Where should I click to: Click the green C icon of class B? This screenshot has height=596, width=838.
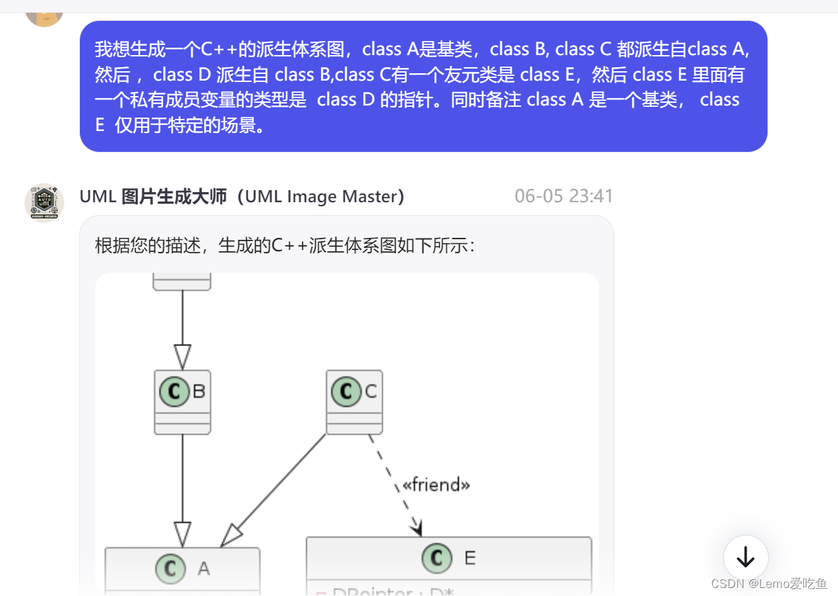coord(175,391)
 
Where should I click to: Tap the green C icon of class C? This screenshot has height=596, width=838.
coord(346,391)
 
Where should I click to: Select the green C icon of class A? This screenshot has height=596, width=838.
coord(171,568)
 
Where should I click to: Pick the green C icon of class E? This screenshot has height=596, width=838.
coord(436,557)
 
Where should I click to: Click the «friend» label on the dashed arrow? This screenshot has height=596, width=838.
coord(436,484)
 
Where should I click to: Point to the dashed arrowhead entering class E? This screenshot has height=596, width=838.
coord(418,528)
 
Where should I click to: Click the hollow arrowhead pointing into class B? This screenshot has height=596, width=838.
coord(183,356)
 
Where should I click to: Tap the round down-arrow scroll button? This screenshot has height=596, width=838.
coord(745,557)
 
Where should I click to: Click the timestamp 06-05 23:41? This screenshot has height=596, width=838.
coord(563,196)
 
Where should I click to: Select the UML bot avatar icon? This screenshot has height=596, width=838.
coord(44,202)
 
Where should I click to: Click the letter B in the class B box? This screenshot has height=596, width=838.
coord(199,391)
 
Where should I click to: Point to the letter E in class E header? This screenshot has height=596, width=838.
coord(470,558)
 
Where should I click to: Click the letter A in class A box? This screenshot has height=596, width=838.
coord(203,569)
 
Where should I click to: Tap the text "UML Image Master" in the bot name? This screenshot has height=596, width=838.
coord(324,196)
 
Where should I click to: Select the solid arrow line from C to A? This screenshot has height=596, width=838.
coord(282,484)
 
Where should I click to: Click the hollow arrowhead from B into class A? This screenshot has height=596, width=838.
coord(183,535)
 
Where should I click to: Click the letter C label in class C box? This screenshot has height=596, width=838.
coord(371,391)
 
